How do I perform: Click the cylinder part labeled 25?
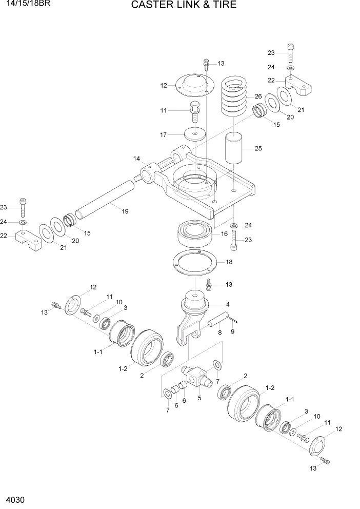point(235,148)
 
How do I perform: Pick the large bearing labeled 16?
point(196,233)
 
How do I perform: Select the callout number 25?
point(258,149)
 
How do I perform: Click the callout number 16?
point(224,234)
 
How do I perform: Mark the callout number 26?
point(258,96)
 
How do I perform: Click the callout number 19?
point(125,211)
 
